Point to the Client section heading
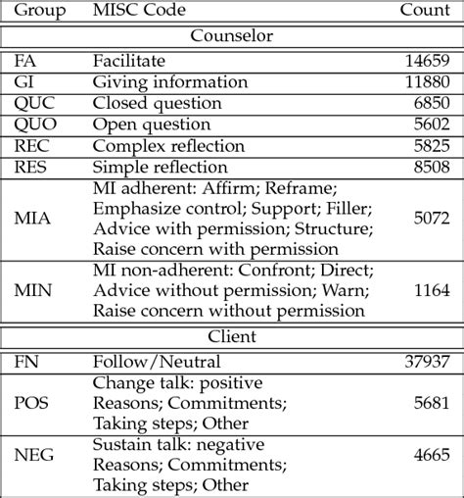pos(231,338)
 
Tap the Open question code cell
pos(147,124)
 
